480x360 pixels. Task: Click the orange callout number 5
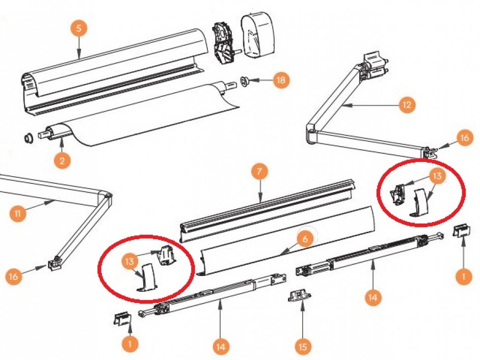[x=78, y=28]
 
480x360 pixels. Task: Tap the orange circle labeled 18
[x=280, y=80]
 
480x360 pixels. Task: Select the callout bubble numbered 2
[x=62, y=161]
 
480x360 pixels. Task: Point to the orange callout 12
[x=406, y=105]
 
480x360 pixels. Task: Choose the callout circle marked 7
[x=259, y=172]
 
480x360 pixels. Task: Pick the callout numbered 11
[x=18, y=213]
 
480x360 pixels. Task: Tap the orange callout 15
[x=303, y=347]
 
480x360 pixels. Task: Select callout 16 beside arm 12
[x=464, y=138]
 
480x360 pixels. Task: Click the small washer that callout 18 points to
[x=244, y=80]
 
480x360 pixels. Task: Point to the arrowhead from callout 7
[x=260, y=200]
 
